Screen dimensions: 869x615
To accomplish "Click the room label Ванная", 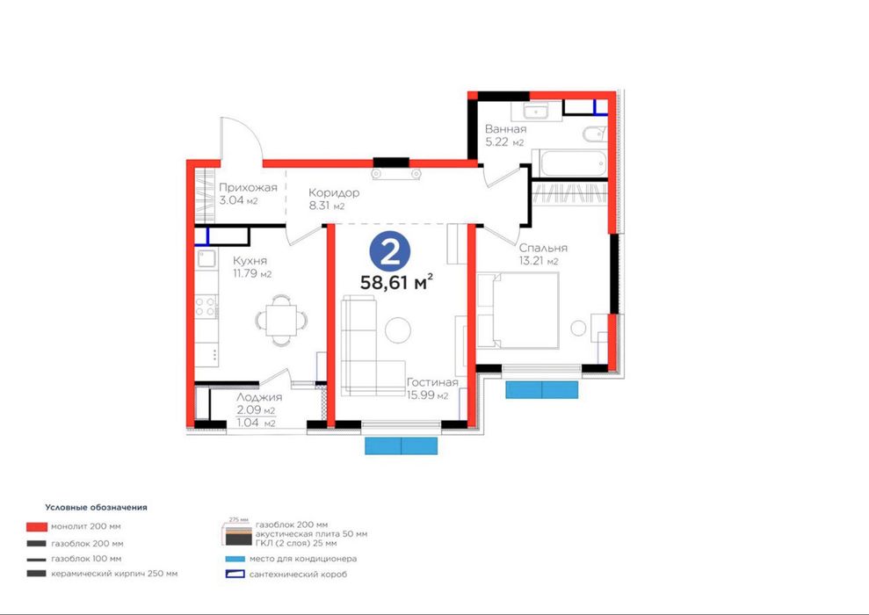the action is (x=505, y=129).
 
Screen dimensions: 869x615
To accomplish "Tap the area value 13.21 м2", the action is (x=539, y=261).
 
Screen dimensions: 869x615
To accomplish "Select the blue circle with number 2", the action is (x=390, y=252).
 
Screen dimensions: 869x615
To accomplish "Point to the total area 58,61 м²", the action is (x=396, y=282).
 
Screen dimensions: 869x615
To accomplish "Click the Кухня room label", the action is (x=250, y=260).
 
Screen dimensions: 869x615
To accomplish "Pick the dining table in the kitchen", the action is (x=281, y=321).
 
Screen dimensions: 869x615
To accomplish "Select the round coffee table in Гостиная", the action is (x=398, y=330).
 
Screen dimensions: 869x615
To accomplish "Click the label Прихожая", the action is (x=248, y=187).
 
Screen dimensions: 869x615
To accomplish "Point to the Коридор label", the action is (x=334, y=192).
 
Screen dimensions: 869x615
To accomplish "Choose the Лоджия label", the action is (x=259, y=397).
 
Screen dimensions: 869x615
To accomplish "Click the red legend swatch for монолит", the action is (x=37, y=526).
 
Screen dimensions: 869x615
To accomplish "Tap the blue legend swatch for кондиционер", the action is (x=235, y=559).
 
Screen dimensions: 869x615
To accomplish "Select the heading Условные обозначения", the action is (x=97, y=507).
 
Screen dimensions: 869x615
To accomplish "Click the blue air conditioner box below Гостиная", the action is (x=402, y=446).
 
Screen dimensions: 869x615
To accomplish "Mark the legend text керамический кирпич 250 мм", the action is (x=114, y=574).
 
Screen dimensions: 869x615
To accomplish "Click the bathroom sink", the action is (x=536, y=111).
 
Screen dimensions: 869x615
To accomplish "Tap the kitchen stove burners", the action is (x=206, y=307).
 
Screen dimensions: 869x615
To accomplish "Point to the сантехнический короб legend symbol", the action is (x=235, y=574).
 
